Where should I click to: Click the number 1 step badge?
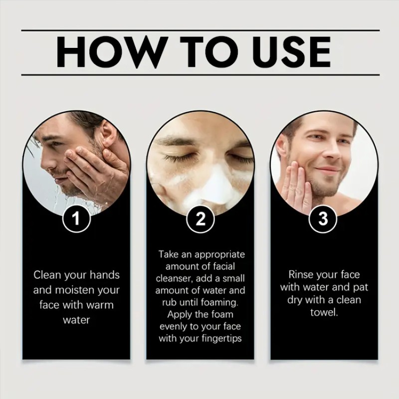[76, 219]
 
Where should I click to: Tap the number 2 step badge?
[200, 219]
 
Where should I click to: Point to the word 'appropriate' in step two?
[217, 254]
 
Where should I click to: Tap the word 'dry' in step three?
[295, 300]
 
